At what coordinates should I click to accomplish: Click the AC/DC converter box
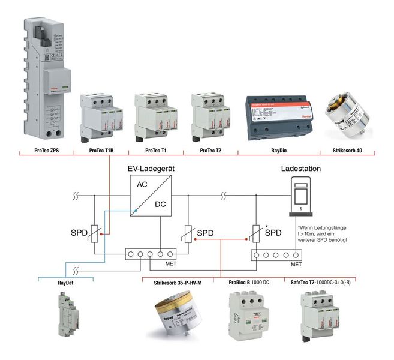point(151,196)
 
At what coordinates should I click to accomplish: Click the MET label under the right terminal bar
point(295,264)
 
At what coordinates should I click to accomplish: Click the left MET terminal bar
point(150,254)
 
